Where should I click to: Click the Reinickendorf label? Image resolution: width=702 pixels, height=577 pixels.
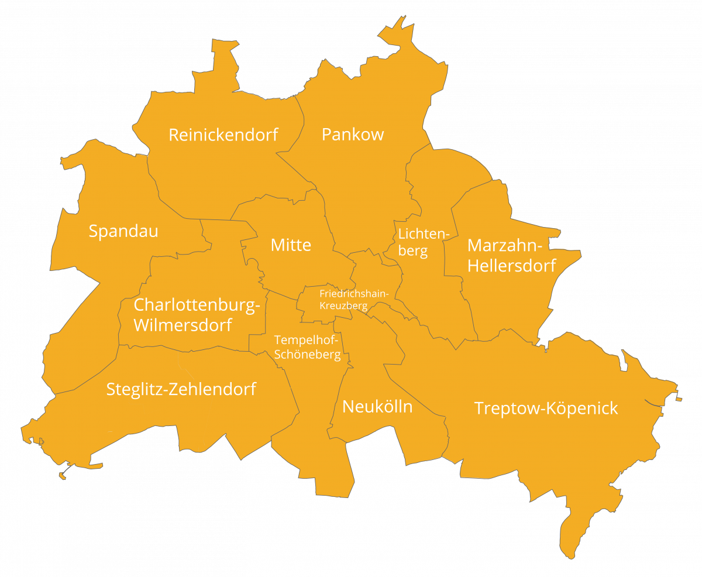click(x=223, y=135)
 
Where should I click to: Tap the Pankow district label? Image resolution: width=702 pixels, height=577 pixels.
click(x=353, y=135)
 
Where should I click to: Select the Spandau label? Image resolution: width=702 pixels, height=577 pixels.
click(x=123, y=231)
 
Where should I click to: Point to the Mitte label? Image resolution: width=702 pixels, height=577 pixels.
click(x=291, y=245)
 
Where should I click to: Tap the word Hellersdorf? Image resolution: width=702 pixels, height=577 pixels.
click(x=512, y=266)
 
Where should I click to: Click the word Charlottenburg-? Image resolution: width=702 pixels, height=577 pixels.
click(x=197, y=305)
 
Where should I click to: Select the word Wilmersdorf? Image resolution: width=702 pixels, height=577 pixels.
click(x=183, y=325)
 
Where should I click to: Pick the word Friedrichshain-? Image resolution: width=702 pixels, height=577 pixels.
click(x=354, y=293)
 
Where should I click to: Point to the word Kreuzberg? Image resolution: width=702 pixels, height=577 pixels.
click(x=343, y=305)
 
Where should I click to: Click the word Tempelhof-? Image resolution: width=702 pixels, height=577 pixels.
click(x=307, y=340)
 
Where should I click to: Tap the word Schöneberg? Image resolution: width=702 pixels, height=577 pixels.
click(x=308, y=355)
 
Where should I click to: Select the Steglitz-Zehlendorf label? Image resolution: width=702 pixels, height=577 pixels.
click(x=181, y=389)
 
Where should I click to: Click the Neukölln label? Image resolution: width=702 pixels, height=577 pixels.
click(x=377, y=407)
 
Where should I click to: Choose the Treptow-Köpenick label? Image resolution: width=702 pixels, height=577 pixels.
click(x=546, y=408)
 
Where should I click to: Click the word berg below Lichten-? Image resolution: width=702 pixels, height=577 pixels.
click(x=413, y=252)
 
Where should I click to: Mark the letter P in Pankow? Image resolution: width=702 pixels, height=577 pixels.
click(x=326, y=135)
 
